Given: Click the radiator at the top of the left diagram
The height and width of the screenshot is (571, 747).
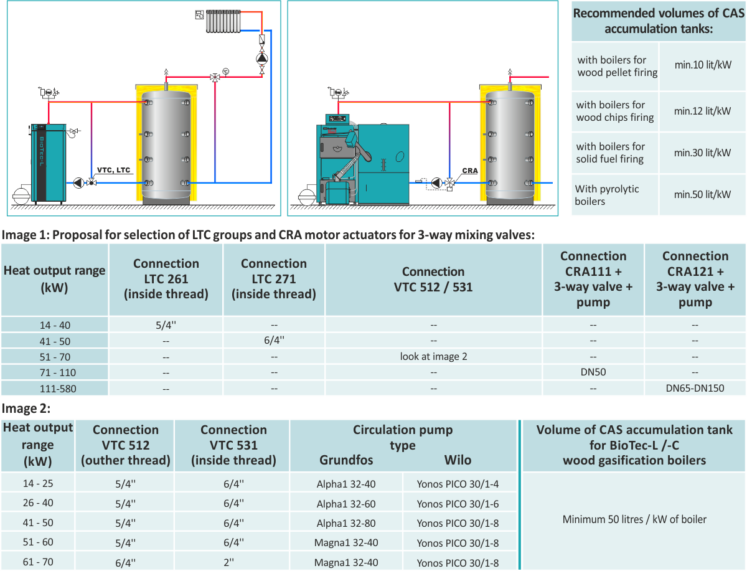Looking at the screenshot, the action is tap(223, 21).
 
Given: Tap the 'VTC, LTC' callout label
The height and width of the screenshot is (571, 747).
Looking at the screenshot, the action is tap(113, 170).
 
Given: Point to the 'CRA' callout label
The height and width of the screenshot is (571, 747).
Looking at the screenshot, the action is tap(469, 171).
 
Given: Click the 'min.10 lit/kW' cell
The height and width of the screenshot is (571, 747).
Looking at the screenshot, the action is tap(702, 65).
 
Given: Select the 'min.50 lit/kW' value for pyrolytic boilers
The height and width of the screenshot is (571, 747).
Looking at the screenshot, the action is tap(702, 194).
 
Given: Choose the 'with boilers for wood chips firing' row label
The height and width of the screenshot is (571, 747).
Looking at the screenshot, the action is tap(614, 111).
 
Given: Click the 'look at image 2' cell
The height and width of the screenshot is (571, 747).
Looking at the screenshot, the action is tap(433, 356).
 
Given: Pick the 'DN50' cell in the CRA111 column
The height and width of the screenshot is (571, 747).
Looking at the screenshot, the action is tap(593, 372).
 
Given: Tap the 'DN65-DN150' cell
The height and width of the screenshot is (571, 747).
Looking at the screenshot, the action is tap(695, 388).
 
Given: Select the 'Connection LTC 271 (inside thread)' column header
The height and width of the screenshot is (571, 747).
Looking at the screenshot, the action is tap(274, 279).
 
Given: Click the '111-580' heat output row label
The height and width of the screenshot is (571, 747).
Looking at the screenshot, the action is tap(58, 389).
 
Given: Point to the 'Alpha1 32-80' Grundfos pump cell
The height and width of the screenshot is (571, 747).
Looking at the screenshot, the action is tap(345, 523).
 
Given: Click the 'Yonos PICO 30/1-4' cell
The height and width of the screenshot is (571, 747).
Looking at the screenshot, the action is tap(458, 484).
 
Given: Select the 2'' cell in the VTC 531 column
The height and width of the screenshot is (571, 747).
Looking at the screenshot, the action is tap(228, 562).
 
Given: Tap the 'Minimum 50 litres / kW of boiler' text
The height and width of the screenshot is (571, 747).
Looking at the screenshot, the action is tap(634, 519).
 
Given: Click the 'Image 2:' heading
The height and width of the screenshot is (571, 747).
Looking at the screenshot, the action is tap(26, 408).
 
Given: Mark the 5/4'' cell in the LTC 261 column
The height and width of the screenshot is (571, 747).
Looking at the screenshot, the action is tap(166, 325).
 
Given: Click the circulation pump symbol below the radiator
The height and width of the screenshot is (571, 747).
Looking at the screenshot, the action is tap(261, 59).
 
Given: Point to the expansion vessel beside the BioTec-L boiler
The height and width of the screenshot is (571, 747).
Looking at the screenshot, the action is tap(21, 195).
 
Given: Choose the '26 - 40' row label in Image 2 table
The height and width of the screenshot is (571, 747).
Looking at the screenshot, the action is tap(38, 503).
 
